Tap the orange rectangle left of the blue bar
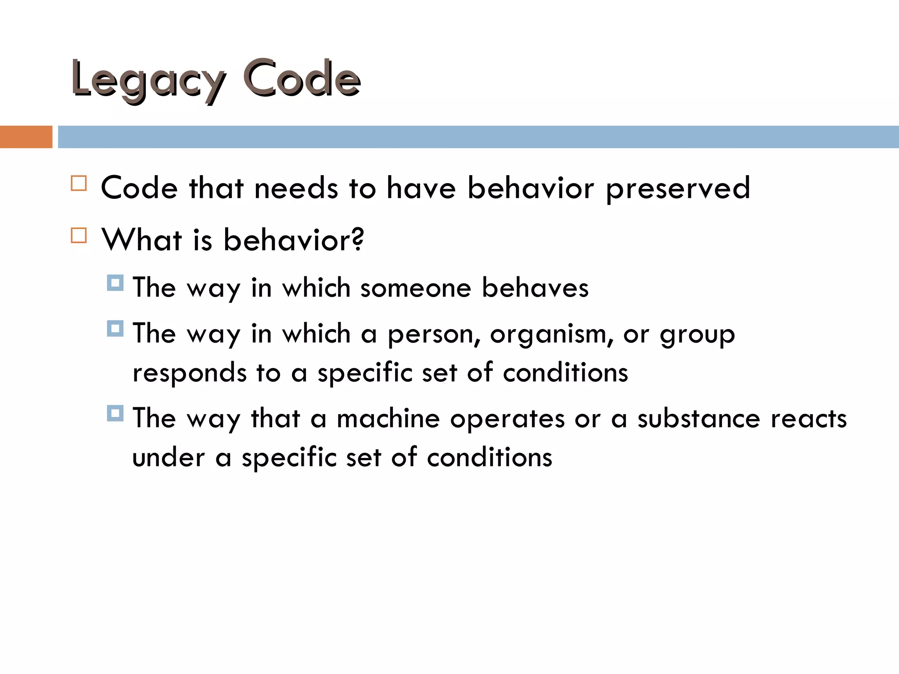coord(26,137)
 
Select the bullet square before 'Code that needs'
coord(79,183)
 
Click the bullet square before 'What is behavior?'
coord(79,236)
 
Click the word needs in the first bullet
coord(296,188)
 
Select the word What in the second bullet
coord(142,240)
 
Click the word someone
coord(416,288)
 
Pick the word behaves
coord(535,288)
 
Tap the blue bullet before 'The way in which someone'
coord(115,283)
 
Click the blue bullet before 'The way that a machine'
coord(115,413)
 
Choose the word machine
coord(388,419)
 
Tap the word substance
coord(698,419)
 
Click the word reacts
coord(809,419)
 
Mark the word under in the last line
coord(169,458)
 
